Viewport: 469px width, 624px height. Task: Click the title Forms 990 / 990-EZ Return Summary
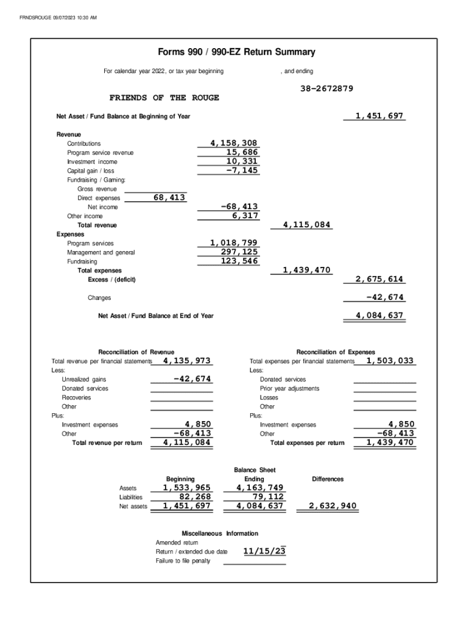coord(236,52)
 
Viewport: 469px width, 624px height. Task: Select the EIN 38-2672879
coord(326,89)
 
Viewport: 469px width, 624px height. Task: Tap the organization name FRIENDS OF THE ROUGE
coord(164,98)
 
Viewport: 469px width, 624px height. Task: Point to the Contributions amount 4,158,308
coord(234,143)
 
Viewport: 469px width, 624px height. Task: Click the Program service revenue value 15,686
coord(242,152)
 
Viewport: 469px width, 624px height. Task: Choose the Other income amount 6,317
coord(245,216)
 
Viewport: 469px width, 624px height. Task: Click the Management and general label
coord(101,252)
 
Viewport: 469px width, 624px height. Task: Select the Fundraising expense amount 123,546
coord(239,261)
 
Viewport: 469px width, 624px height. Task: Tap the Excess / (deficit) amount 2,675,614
coord(379,279)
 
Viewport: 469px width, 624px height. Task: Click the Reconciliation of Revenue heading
coord(136,352)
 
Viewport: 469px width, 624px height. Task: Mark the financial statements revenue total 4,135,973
coord(187,361)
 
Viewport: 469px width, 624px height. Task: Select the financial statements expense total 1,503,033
coord(390,361)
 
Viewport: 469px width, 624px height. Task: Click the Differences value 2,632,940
coord(333,506)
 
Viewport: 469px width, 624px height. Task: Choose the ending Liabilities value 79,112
coord(264,497)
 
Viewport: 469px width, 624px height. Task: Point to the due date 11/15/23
coord(264,551)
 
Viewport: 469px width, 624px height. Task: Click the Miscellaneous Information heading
coord(220,533)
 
